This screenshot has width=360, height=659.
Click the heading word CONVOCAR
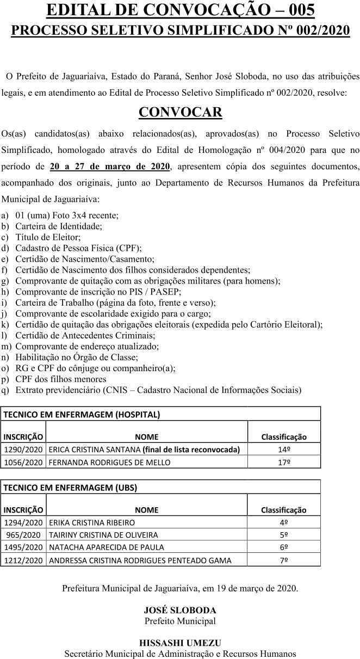(180, 112)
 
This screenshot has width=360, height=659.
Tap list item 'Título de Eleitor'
(48, 237)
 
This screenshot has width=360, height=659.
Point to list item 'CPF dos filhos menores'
(61, 379)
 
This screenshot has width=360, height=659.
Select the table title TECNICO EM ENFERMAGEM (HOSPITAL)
(82, 414)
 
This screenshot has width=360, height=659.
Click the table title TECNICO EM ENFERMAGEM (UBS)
(70, 488)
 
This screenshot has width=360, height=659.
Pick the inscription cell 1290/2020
(23, 449)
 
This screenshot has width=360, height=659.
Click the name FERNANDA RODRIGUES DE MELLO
(109, 463)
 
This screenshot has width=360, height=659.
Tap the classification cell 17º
(283, 463)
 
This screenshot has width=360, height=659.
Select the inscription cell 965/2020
(23, 535)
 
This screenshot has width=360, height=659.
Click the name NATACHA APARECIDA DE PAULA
(106, 547)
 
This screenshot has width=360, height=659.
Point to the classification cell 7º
(283, 560)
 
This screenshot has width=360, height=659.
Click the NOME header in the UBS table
(146, 510)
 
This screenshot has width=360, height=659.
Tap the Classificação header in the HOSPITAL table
(284, 436)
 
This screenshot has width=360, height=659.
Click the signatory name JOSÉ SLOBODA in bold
(180, 610)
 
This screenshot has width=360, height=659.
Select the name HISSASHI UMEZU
(180, 643)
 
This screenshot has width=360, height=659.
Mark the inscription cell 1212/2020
(23, 560)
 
